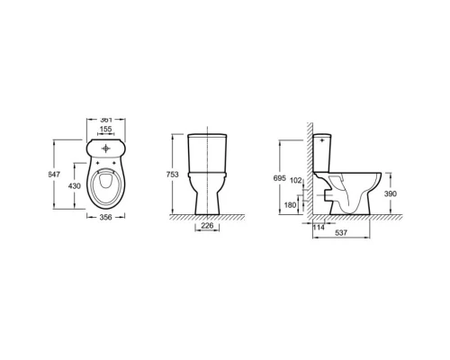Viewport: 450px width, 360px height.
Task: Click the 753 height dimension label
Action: point(173,175)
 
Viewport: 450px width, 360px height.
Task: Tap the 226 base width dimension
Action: point(207,225)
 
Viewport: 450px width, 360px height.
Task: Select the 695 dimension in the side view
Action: point(280,178)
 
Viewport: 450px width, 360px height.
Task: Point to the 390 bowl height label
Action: point(391,193)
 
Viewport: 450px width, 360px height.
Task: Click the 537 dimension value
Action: point(341,232)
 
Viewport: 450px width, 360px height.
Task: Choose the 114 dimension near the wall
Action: point(319,228)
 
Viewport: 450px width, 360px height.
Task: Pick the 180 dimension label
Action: point(290,205)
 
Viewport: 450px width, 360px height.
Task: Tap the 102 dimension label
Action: point(296,180)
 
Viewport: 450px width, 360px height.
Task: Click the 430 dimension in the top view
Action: point(75,186)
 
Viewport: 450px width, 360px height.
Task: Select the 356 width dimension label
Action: point(105,217)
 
